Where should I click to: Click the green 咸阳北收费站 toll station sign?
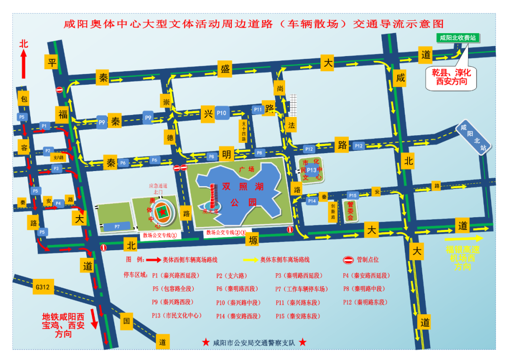click(x=457, y=38)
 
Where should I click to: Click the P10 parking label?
click(x=222, y=113)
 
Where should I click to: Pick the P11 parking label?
click(x=257, y=109)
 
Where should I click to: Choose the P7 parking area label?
click(x=116, y=227)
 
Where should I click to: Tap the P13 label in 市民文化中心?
click(x=312, y=170)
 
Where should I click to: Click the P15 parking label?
click(x=353, y=195)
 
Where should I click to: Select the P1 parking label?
click(x=44, y=126)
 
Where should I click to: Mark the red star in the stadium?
click(x=163, y=213)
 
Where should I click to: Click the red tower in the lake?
click(x=213, y=197)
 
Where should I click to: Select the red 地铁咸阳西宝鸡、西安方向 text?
click(x=63, y=325)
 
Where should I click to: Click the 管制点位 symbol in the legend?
click(x=347, y=260)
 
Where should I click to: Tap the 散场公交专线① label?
click(x=160, y=235)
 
